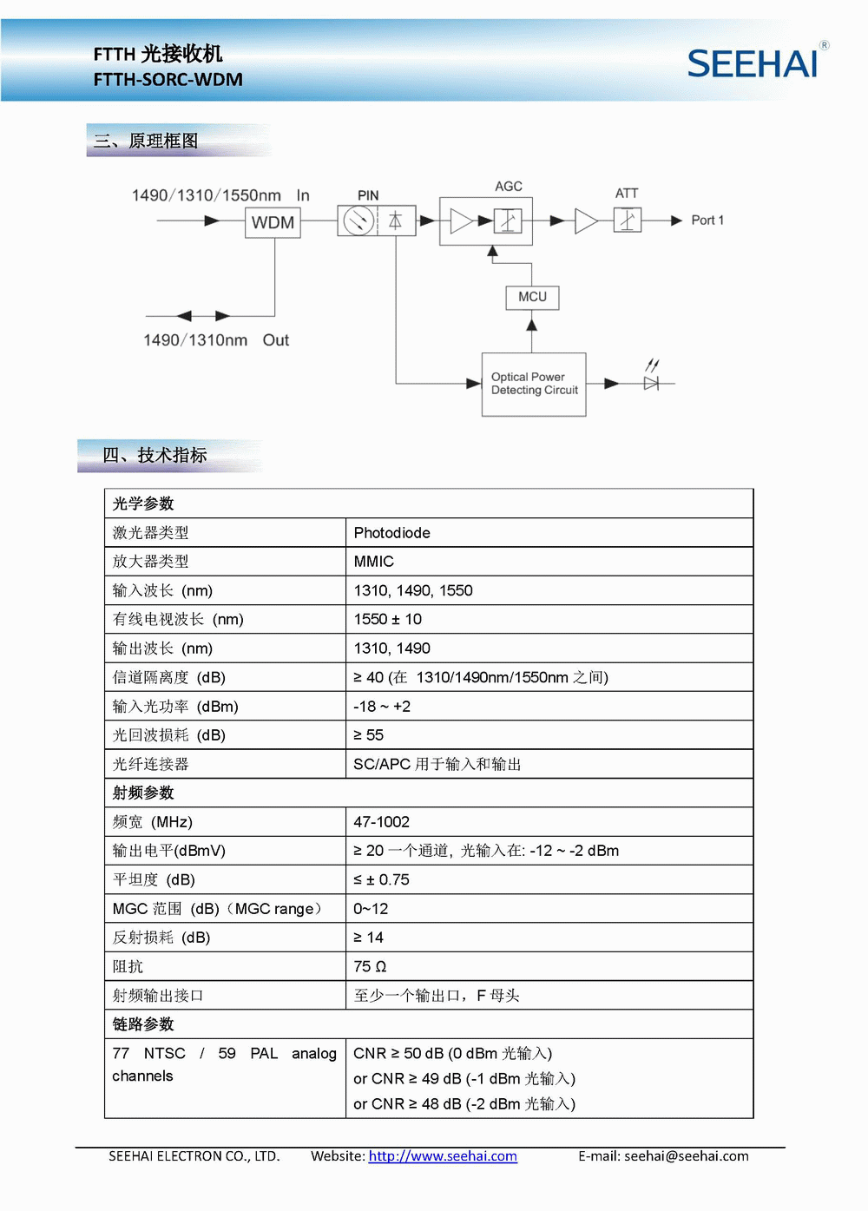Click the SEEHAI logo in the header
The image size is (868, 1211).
pos(753,63)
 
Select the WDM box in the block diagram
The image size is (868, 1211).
pos(273,222)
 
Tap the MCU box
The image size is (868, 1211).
pos(532,297)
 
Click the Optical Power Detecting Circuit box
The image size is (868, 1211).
pos(534,384)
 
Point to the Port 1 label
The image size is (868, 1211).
pos(707,220)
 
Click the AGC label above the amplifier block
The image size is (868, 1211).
pos(509,187)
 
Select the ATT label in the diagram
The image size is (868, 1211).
pos(627,194)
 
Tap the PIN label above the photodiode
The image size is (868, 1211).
pos(368,195)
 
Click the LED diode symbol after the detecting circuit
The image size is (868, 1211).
pos(651,382)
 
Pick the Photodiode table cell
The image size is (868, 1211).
pos(391,533)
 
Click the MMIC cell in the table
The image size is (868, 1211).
pos(373,562)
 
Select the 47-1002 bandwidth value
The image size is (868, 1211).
pos(381,822)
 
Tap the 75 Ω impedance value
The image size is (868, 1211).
pos(370,966)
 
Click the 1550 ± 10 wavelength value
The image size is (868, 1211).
pos(387,619)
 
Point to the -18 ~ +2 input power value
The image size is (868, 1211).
pos(381,707)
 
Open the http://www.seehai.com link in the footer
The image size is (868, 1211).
pos(443,1156)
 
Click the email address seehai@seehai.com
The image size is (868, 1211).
pos(686,1156)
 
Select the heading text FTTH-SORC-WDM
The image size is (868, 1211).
pos(168,80)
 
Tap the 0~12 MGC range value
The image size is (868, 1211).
pos(371,909)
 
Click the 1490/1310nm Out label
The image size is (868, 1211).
pos(216,340)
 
